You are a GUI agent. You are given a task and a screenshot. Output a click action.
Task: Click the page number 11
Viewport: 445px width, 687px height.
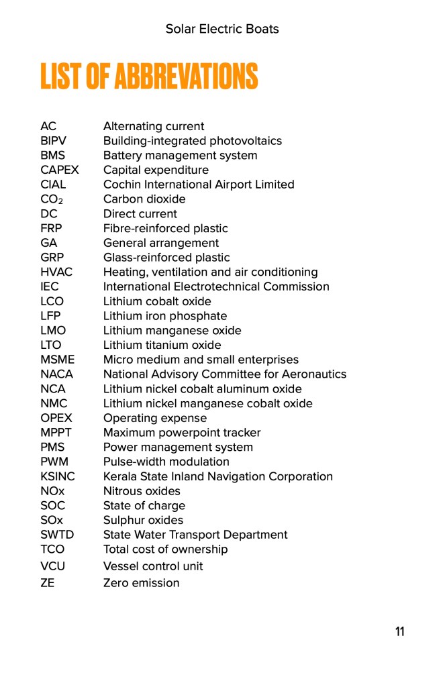pyautogui.click(x=399, y=631)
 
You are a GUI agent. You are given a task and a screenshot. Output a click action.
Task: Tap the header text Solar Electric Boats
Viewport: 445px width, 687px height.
pyautogui.click(x=222, y=29)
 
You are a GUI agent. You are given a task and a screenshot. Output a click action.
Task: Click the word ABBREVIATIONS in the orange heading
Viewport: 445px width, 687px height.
pyautogui.click(x=186, y=76)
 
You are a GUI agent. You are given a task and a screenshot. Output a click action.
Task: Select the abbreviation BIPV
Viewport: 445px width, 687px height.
pyautogui.click(x=53, y=141)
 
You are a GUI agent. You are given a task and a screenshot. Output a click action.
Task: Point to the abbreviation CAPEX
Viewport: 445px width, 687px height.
pyautogui.click(x=59, y=170)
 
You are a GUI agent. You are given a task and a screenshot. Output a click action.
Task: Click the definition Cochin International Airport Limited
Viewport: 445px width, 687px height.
pyautogui.click(x=199, y=184)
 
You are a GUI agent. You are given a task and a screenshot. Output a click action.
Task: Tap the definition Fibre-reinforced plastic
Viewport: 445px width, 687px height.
pyautogui.click(x=165, y=228)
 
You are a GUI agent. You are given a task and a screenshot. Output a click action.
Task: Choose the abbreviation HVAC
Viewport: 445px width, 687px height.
pyautogui.click(x=56, y=272)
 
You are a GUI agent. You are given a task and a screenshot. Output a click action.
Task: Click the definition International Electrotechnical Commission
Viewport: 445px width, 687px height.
pyautogui.click(x=216, y=286)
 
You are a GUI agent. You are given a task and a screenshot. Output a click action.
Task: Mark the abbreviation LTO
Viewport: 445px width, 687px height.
pyautogui.click(x=51, y=346)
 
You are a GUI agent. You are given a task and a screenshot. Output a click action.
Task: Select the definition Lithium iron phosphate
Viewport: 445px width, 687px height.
pyautogui.click(x=165, y=316)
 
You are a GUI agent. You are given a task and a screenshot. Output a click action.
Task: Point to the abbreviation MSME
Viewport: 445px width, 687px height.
pyautogui.click(x=57, y=360)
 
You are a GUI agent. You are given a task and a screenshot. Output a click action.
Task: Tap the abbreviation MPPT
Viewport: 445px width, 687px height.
pyautogui.click(x=56, y=433)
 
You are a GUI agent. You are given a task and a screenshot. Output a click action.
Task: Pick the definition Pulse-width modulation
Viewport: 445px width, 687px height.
pyautogui.click(x=166, y=462)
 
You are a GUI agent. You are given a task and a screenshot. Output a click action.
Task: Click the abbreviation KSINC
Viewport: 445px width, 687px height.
pyautogui.click(x=58, y=476)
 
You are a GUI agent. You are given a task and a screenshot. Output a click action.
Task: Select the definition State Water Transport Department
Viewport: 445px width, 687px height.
pyautogui.click(x=195, y=535)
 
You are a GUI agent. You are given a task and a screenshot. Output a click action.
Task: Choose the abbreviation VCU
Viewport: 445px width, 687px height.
pyautogui.click(x=53, y=566)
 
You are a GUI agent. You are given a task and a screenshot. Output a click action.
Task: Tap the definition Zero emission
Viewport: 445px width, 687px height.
pyautogui.click(x=141, y=583)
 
